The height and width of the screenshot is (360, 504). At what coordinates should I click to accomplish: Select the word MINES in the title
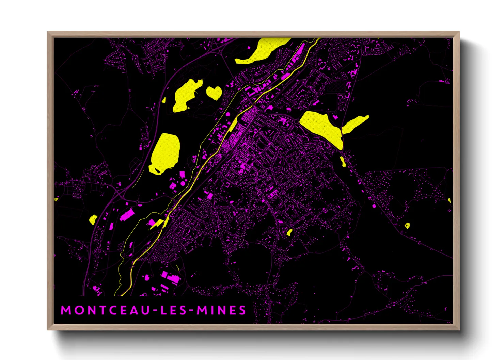click(221, 310)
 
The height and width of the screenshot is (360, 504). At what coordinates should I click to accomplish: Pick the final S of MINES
click(242, 310)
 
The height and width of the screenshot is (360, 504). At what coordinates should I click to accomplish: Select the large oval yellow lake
click(165, 152)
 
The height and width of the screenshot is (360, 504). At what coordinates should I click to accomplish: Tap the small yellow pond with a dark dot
click(407, 225)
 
